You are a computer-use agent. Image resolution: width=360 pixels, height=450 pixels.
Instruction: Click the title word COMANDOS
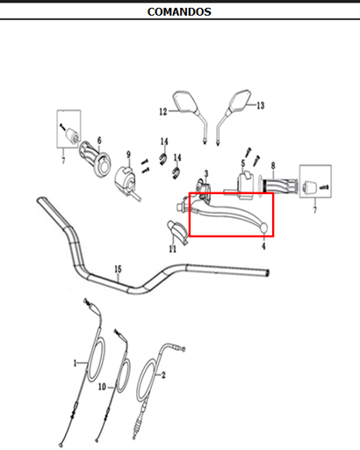pyautogui.click(x=179, y=11)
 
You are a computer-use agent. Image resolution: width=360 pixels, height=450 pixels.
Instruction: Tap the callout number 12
pyautogui.click(x=163, y=112)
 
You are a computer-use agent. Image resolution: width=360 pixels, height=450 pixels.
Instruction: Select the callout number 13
pyautogui.click(x=261, y=105)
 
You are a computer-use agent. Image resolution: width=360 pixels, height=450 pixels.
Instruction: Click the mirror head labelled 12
pyautogui.click(x=185, y=101)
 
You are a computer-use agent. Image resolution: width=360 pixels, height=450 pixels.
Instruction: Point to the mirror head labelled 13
pyautogui.click(x=240, y=100)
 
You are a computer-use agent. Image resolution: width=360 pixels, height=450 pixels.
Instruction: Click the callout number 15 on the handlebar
pyautogui.click(x=118, y=269)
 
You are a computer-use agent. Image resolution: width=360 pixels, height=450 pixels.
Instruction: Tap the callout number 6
pyautogui.click(x=99, y=141)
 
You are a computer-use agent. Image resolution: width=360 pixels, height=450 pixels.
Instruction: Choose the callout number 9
pyautogui.click(x=128, y=155)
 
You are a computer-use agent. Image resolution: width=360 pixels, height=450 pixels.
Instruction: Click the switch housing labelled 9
pyautogui.click(x=126, y=180)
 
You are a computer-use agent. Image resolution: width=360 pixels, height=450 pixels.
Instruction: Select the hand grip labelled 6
pyautogui.click(x=96, y=158)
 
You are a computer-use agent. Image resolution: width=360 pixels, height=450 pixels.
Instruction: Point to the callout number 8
pyautogui.click(x=273, y=166)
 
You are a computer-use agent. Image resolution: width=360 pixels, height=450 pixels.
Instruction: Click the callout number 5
pyautogui.click(x=243, y=163)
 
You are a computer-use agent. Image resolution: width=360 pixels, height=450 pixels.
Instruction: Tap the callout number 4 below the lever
pyautogui.click(x=263, y=246)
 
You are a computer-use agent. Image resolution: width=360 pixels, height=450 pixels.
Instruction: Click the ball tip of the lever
pyautogui.click(x=264, y=228)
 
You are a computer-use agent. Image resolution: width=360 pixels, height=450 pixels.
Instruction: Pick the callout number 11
pyautogui.click(x=173, y=249)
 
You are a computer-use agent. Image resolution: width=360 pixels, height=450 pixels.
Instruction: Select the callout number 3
pyautogui.click(x=206, y=174)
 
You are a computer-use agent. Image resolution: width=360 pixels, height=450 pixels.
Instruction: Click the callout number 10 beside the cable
pyautogui.click(x=102, y=387)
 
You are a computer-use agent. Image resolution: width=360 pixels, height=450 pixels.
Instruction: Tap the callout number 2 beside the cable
pyautogui.click(x=163, y=374)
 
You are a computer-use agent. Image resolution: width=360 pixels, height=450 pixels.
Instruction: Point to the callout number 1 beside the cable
pyautogui.click(x=75, y=363)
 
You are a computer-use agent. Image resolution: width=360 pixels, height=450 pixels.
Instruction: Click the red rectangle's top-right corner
pyautogui.click(x=273, y=193)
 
